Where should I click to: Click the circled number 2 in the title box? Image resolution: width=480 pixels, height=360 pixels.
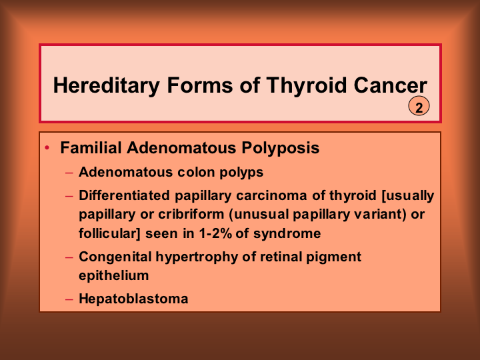coord(419,106)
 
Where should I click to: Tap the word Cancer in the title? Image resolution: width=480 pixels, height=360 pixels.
coord(390,85)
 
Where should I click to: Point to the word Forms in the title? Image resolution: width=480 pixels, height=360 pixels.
coord(200,85)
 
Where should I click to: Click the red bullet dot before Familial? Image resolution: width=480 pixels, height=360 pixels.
coord(47,148)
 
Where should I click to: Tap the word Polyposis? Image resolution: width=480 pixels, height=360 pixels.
coord(281,149)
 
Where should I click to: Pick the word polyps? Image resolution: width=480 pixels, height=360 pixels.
coord(241,173)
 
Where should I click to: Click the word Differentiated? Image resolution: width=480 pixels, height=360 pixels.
coord(124,195)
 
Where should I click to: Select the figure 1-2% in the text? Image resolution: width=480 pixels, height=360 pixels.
coord(215,233)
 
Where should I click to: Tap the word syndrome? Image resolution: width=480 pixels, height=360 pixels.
coord(287,234)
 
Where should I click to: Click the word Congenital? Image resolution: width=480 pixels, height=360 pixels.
coord(115,257)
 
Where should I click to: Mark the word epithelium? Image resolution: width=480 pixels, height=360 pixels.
coord(114,276)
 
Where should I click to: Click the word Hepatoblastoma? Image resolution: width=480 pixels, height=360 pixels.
coord(133,299)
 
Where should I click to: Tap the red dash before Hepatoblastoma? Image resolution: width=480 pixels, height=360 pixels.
coord(69,299)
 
